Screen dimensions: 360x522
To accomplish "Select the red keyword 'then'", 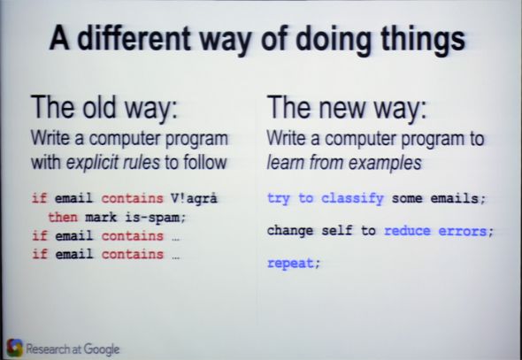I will [63, 217].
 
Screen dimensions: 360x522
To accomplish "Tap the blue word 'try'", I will [279, 198].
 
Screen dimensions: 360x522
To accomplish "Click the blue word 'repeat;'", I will [293, 263].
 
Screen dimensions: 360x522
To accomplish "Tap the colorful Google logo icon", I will [14, 349].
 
